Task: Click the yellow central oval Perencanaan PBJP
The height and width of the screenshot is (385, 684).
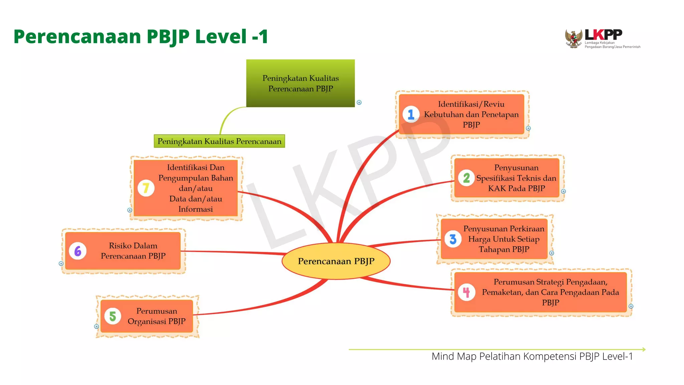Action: tap(336, 261)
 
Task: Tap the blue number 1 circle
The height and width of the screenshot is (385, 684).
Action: tap(411, 115)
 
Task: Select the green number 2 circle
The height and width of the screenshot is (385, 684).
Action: tap(466, 178)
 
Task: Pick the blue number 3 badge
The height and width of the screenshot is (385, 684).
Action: tap(453, 239)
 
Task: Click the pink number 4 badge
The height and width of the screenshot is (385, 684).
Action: tap(466, 292)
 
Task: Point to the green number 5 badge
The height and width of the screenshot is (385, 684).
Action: tap(113, 316)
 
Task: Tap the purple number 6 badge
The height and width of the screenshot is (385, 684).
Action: tap(78, 251)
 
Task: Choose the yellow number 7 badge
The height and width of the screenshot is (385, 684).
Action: tap(146, 188)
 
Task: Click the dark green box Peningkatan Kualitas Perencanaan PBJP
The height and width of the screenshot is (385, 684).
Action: tap(300, 83)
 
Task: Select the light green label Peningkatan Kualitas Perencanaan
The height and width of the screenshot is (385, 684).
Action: tap(219, 141)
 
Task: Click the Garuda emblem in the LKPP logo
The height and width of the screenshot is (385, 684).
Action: tap(573, 38)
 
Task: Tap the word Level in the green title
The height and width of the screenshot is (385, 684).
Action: tap(221, 36)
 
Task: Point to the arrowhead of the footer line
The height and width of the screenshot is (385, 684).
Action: tap(644, 349)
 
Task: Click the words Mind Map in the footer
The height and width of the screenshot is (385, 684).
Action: tap(454, 356)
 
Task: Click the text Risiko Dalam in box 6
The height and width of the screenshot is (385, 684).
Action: tap(133, 246)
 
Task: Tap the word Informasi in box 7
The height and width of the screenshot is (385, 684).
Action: tap(195, 209)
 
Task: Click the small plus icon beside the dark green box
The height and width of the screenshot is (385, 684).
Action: tap(359, 103)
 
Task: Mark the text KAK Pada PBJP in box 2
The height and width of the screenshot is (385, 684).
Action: tap(516, 188)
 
